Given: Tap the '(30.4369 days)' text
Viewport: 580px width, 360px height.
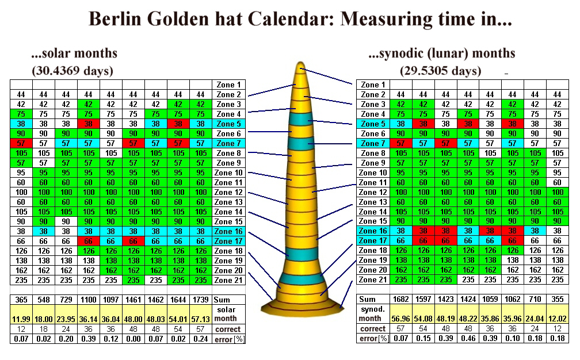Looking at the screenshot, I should click(72, 71).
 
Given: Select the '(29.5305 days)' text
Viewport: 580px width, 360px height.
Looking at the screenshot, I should click(441, 71).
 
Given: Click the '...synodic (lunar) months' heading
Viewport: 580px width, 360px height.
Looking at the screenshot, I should click(442, 53).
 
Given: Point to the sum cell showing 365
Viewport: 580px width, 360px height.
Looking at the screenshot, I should click(21, 300).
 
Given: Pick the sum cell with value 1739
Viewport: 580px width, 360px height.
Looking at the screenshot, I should click(201, 300).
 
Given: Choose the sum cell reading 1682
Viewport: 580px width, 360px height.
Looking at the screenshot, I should click(401, 299).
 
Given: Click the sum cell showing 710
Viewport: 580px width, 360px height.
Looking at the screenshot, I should click(535, 299).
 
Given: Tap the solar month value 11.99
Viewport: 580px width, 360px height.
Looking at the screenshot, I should click(21, 318).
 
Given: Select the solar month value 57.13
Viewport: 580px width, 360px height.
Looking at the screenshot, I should click(201, 318).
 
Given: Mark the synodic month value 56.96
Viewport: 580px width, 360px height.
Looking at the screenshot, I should click(401, 318).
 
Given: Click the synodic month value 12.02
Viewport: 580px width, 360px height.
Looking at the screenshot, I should click(557, 318).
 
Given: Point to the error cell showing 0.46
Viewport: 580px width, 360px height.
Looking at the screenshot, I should click(468, 339).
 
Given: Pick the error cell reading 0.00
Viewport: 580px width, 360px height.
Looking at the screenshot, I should click(133, 339).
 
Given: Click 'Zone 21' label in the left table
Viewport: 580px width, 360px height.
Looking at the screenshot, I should click(229, 280).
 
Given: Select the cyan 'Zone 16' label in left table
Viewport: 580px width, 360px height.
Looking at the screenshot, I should click(229, 231).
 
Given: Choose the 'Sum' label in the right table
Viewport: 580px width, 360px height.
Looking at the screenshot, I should click(367, 299).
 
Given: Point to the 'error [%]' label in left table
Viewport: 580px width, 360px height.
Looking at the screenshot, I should click(229, 339).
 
